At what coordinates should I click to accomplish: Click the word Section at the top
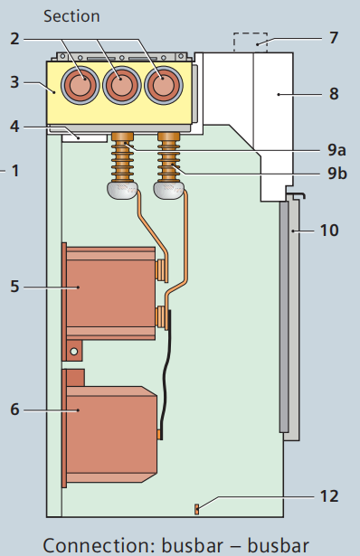[71, 15]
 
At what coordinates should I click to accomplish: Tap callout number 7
[334, 41]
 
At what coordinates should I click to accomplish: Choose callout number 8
[334, 91]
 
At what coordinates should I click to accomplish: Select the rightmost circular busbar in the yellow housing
[163, 87]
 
